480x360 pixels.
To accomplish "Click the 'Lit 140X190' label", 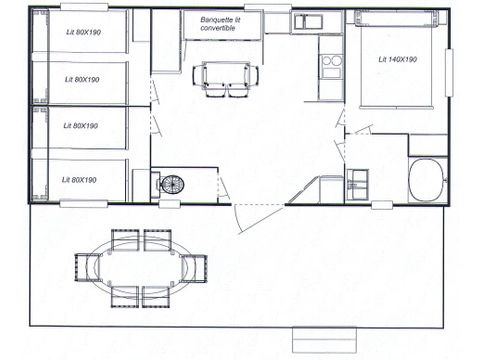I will point(398,60).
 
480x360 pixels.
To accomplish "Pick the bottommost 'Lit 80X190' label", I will point(80,180).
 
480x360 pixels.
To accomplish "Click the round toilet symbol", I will point(173,185).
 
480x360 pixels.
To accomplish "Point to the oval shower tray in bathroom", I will point(427,180).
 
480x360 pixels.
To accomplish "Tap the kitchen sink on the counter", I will point(307,21).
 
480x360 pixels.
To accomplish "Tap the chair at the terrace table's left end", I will point(86,267).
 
